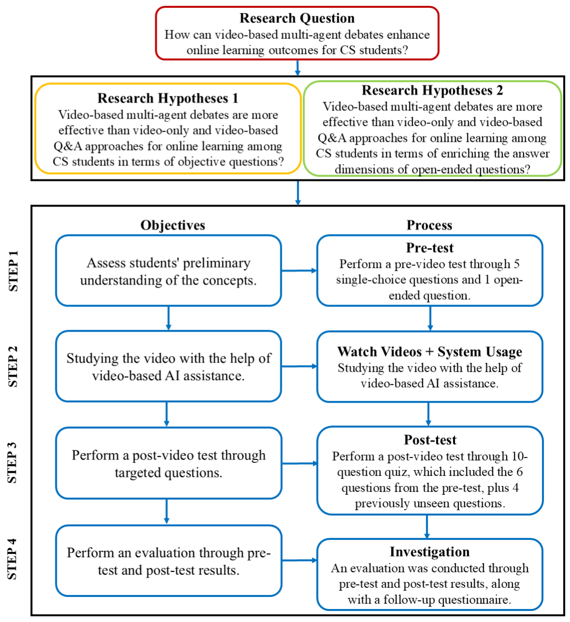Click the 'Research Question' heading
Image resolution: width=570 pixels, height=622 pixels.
point(297,18)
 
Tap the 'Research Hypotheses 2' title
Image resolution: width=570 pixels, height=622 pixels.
point(432,90)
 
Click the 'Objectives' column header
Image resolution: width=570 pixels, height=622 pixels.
point(173,225)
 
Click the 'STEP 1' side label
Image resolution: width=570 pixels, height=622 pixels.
point(13,271)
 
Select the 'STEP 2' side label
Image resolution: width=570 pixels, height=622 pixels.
point(13,367)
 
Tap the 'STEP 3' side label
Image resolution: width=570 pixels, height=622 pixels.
point(13,463)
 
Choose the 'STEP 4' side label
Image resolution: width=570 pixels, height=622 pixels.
point(13,559)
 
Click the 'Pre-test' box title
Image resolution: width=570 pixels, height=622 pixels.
point(430,248)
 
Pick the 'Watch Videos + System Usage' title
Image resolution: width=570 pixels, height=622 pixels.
point(430,352)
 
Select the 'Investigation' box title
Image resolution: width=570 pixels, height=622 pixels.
point(430,552)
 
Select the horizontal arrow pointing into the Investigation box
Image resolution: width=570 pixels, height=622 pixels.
point(299,560)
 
